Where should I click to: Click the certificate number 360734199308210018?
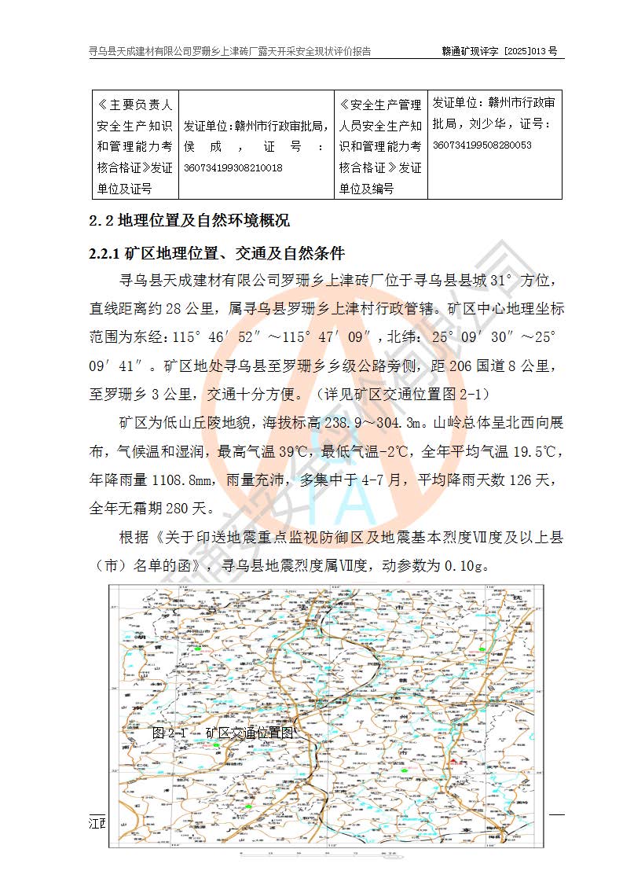pos(233,167)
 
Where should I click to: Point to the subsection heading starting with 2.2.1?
pos(217,255)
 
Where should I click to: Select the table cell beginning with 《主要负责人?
pos(134,146)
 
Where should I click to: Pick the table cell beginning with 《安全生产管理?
pos(380,146)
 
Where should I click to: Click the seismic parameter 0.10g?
pos(467,564)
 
